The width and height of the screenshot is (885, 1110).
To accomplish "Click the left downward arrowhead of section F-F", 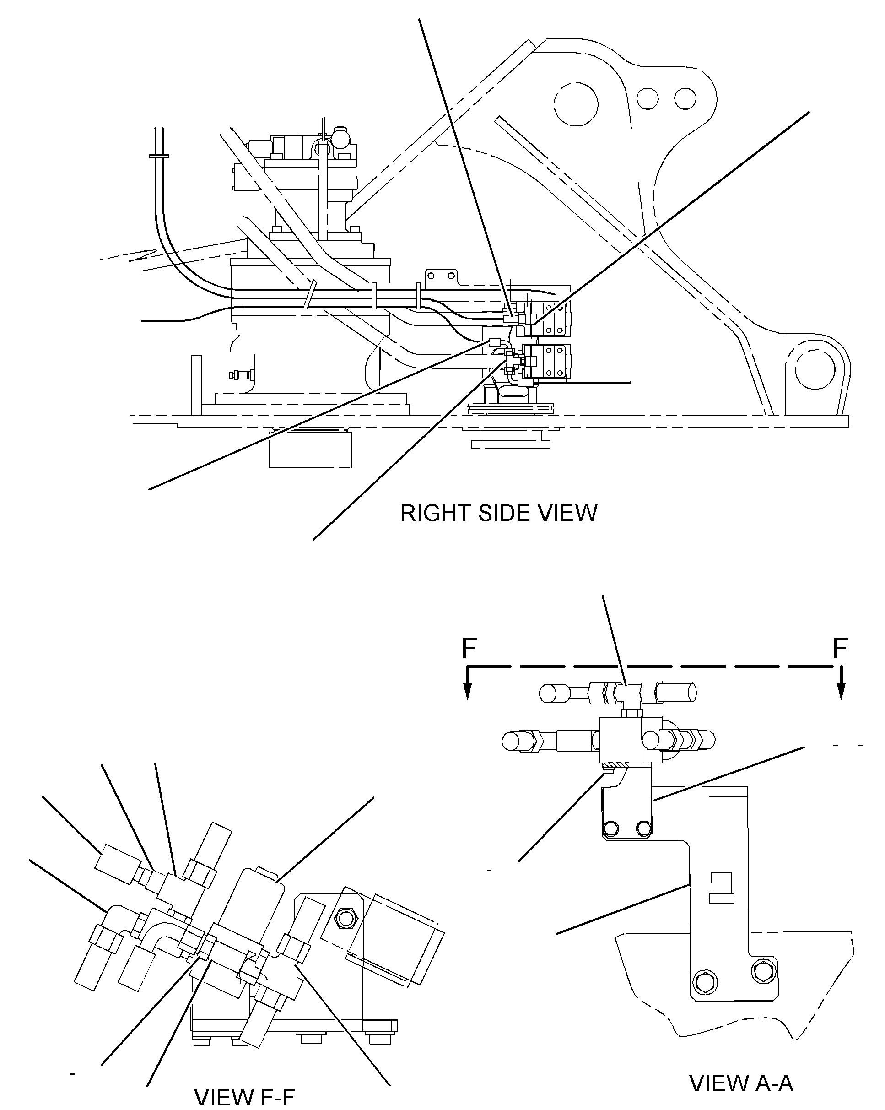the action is pos(467,692).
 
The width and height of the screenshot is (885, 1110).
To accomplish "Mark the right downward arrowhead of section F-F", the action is pos(841,692).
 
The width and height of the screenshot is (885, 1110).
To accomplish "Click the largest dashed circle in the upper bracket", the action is pos(576,104).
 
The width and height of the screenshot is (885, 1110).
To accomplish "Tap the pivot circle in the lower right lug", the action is pos(815,370).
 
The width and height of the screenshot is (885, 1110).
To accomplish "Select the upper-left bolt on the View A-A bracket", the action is pos(612,828).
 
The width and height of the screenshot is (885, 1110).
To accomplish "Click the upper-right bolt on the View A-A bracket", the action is pos(643,828).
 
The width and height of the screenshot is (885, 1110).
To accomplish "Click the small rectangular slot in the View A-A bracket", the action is pos(721,888).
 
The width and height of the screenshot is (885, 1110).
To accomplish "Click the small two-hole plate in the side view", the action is pos(441,276).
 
